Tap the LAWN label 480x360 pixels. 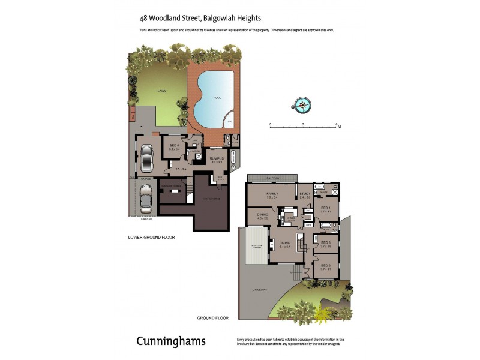pos(161,91)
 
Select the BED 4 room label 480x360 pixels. pos(174,145)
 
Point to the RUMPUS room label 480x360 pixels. pos(217,158)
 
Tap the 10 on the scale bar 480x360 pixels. pos(335,124)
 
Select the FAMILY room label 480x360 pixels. pos(272,193)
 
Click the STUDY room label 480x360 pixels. pos(305,193)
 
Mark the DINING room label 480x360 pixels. pos(262,214)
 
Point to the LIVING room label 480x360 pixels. pos(285,243)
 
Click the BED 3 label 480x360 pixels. pos(326,242)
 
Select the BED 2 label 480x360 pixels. pos(326,266)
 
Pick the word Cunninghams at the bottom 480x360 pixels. pos(171,341)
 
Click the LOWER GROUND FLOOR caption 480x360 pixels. pos(151,237)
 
